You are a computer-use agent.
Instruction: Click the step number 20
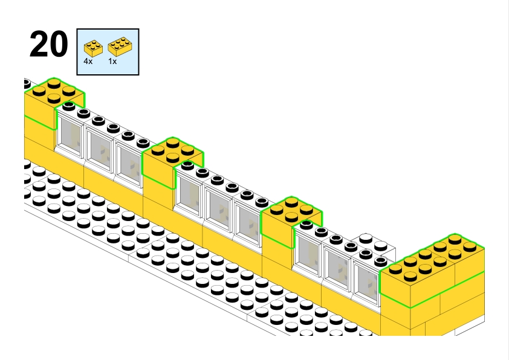pos(48,45)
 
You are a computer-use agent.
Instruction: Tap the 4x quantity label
pos(88,62)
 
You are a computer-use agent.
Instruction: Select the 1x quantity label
pos(112,62)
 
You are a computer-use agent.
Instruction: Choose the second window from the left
pos(99,149)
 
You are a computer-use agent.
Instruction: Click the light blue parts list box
pos(108,51)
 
